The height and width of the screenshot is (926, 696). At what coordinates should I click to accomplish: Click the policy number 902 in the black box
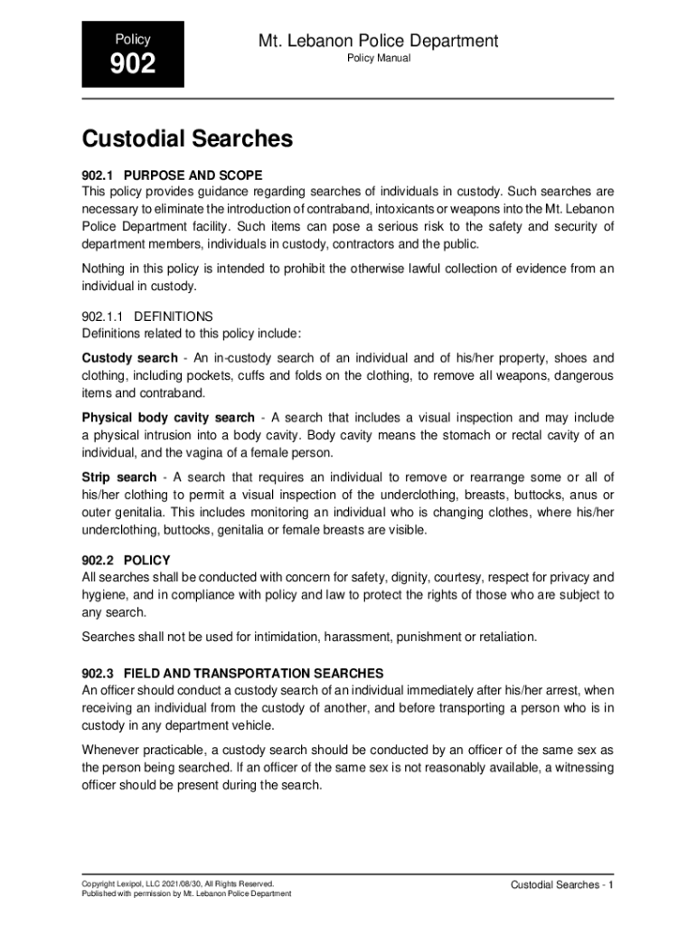coord(133,64)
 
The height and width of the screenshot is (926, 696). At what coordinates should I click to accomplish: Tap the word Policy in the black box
coord(133,39)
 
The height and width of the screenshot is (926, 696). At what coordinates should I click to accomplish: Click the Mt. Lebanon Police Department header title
coord(379,41)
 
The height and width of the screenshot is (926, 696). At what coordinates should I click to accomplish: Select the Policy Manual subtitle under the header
coord(379,59)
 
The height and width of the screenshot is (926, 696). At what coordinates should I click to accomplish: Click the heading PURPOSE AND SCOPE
coord(193,175)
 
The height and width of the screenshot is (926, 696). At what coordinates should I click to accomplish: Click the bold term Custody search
coord(129,358)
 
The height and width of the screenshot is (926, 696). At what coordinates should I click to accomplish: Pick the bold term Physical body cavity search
coord(168,418)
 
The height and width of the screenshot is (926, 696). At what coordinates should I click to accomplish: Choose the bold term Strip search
coord(118,477)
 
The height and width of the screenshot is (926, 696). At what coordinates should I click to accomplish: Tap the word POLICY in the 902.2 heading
coord(147,561)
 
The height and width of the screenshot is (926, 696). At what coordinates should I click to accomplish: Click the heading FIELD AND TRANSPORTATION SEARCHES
coord(254,674)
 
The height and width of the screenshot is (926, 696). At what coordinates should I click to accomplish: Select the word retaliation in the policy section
coord(503,637)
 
